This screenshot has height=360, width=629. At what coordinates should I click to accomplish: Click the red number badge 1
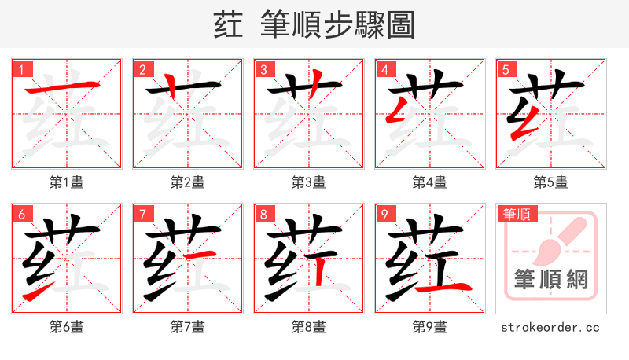(20, 69)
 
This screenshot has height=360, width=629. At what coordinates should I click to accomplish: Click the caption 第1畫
(67, 182)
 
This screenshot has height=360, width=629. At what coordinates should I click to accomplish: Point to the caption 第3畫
(309, 182)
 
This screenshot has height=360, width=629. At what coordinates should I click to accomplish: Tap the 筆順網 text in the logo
(550, 279)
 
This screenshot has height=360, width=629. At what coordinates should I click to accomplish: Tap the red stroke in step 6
(35, 293)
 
